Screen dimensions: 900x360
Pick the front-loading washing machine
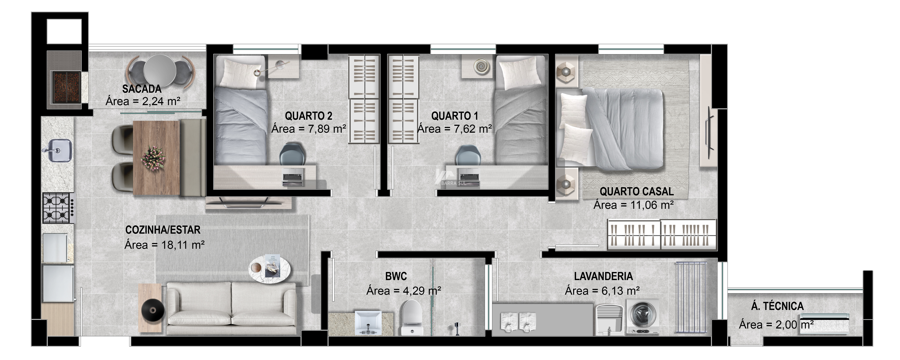click(642, 317)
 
